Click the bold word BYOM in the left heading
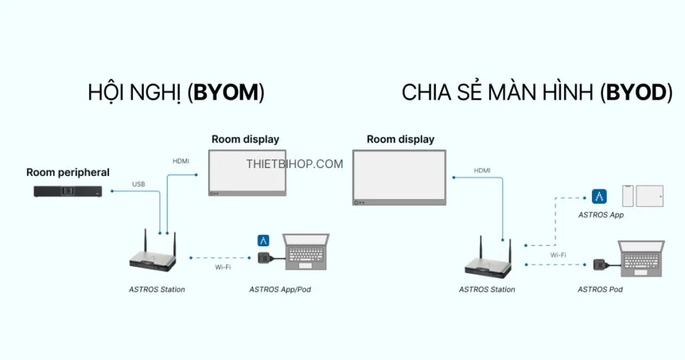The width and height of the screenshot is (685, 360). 226,93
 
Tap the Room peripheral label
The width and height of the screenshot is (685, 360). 68,172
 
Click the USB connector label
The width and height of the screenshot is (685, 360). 138,184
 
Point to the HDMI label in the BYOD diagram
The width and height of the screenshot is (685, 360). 482,171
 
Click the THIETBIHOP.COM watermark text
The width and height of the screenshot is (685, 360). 294,164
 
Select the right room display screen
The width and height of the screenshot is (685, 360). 399,177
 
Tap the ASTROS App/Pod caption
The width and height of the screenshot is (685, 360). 280,290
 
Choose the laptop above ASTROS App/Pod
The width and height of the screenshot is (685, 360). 306,252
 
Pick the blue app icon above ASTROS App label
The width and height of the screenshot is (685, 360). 599,197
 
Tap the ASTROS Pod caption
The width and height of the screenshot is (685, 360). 600,290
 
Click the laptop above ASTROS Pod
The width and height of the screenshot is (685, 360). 642,258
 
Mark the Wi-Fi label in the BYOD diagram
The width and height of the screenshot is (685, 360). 558,255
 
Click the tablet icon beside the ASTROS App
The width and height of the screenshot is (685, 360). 649,196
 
